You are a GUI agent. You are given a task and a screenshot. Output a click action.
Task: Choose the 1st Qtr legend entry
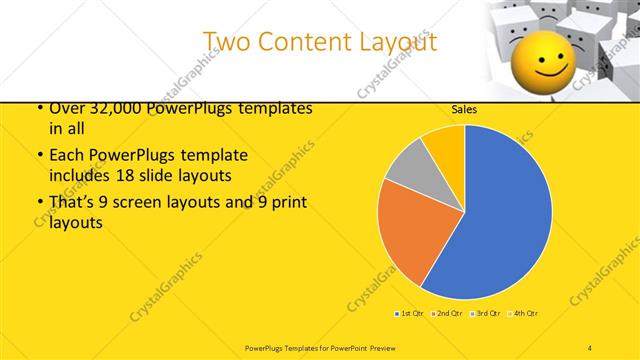click(410, 314)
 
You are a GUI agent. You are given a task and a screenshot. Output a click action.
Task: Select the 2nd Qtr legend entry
click(446, 314)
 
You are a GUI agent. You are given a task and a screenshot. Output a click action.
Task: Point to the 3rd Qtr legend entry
click(484, 314)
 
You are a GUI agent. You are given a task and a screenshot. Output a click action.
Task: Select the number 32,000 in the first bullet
click(111, 108)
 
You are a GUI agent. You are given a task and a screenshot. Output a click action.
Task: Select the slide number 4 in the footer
click(590, 347)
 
